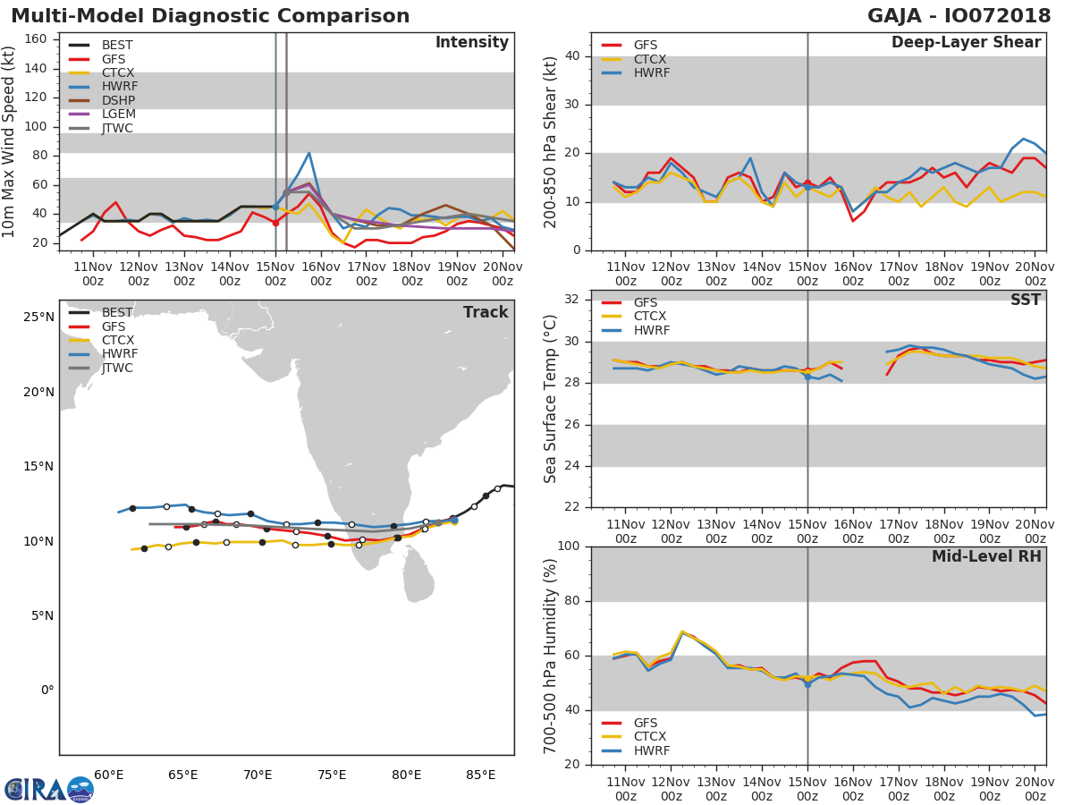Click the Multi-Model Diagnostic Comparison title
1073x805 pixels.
(x=210, y=16)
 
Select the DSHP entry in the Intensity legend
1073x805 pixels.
(x=119, y=100)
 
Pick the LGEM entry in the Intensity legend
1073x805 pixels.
(x=119, y=114)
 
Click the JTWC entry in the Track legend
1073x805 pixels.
(x=117, y=369)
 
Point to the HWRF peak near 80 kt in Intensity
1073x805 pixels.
(x=308, y=153)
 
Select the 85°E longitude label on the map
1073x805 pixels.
(x=480, y=775)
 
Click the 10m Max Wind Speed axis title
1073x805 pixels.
(x=11, y=141)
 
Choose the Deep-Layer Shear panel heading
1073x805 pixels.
(x=966, y=43)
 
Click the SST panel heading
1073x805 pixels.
(x=1026, y=301)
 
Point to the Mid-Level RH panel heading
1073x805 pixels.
(x=986, y=556)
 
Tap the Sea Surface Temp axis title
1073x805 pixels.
(x=551, y=399)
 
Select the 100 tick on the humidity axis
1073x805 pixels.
(x=570, y=547)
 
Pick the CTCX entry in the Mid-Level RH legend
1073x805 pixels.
(x=650, y=737)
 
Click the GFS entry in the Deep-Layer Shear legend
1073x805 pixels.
(x=645, y=45)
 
